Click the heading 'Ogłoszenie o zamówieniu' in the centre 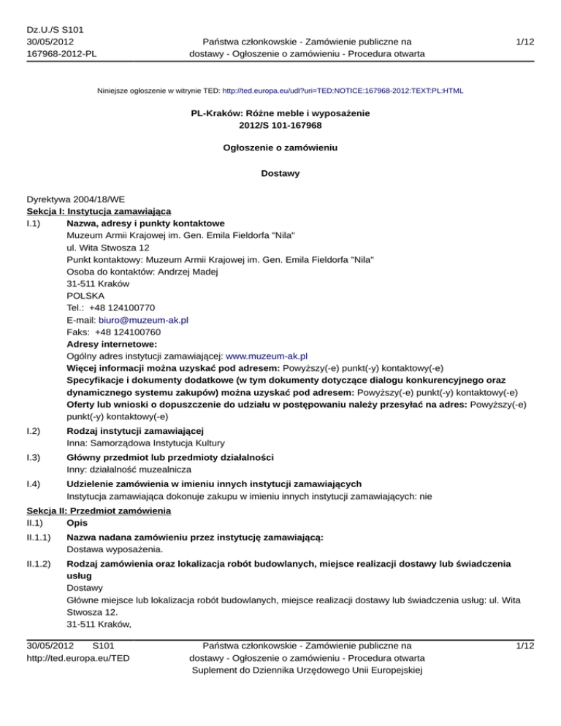pos(280,148)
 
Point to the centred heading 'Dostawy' pos(280,175)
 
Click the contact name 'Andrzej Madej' pos(186,272)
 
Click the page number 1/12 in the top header pos(525,43)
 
